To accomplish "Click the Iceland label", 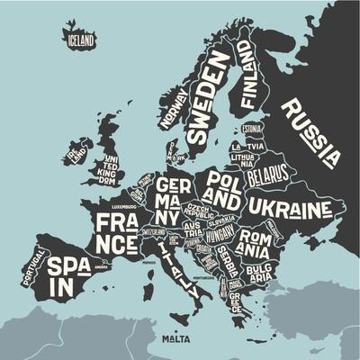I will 79,40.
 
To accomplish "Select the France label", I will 118,231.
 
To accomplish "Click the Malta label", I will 175,340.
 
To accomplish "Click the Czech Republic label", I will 198,212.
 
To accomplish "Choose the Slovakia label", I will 221,219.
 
